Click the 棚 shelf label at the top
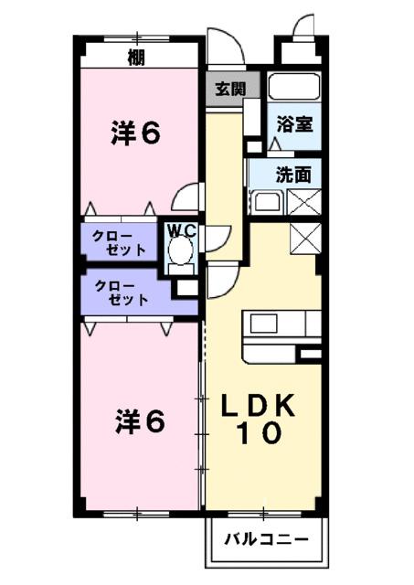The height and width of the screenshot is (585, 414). (x=136, y=59)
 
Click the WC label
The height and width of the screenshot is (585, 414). (x=181, y=231)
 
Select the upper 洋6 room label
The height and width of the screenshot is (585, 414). (x=137, y=135)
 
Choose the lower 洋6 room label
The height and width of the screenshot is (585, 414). (x=140, y=421)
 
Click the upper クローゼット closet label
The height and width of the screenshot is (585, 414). (x=121, y=243)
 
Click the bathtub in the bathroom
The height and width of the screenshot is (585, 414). (x=294, y=90)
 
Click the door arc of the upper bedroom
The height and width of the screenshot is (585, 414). (x=190, y=196)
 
